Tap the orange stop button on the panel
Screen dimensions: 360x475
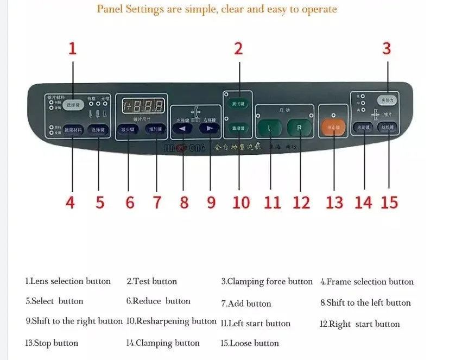pyautogui.click(x=333, y=128)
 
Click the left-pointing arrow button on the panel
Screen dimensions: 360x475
pyautogui.click(x=183, y=128)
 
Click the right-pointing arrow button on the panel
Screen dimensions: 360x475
pyautogui.click(x=208, y=128)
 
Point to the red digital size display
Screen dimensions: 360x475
pyautogui.click(x=143, y=105)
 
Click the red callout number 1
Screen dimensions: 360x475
pyautogui.click(x=72, y=49)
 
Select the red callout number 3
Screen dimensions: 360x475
pyautogui.click(x=386, y=49)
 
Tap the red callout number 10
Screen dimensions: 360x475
pyautogui.click(x=240, y=203)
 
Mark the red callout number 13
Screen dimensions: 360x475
pyautogui.click(x=334, y=203)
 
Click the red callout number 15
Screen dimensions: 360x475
pyautogui.click(x=389, y=203)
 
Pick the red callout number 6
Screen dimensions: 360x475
pyautogui.click(x=130, y=203)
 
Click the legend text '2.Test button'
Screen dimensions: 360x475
pyautogui.click(x=151, y=281)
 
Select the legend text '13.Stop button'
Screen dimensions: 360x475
pyautogui.click(x=52, y=343)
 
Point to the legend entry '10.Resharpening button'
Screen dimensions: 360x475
pyautogui.click(x=171, y=321)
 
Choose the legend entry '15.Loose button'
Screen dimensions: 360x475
pyautogui.click(x=250, y=343)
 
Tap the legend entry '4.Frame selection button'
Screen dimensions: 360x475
pyautogui.click(x=366, y=282)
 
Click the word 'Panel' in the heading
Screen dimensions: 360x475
pyautogui.click(x=110, y=9)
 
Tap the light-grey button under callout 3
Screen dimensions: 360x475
pyautogui.click(x=387, y=100)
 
